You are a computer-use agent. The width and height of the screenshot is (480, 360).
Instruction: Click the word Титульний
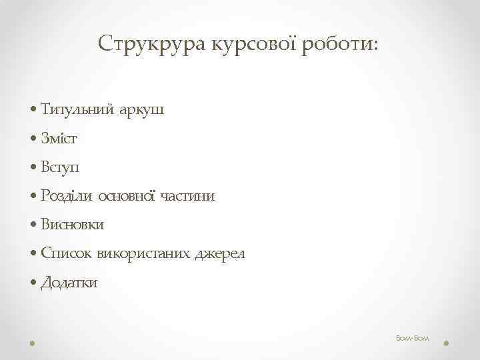77,110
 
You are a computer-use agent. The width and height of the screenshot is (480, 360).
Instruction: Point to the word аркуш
141,110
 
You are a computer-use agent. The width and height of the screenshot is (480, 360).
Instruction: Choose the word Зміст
59,139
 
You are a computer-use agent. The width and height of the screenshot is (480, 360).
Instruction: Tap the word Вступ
61,167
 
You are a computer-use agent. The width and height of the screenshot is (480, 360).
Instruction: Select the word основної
127,196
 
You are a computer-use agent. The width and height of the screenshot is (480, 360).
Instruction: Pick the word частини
187,196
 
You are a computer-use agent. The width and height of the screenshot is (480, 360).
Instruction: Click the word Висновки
72,225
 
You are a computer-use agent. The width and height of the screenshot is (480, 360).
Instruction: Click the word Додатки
69,283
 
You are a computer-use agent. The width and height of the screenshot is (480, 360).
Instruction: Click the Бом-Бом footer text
413,339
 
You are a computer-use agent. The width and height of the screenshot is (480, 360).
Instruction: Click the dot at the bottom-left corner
33,343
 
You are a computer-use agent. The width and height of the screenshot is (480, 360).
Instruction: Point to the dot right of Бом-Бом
446,343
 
